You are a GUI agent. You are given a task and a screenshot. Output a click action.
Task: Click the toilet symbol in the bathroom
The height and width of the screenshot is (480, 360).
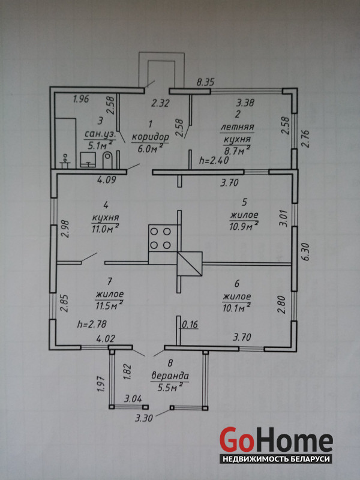(x=107, y=159)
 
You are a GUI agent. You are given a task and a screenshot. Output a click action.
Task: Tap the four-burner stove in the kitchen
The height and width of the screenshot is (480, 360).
(x=160, y=237)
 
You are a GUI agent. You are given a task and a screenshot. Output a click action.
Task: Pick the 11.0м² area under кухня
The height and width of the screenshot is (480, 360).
(x=105, y=229)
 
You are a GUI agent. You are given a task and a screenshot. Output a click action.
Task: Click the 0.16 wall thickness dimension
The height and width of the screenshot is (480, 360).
(x=190, y=325)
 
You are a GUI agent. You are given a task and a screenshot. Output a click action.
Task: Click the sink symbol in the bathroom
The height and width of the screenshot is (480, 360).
(x=88, y=158)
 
